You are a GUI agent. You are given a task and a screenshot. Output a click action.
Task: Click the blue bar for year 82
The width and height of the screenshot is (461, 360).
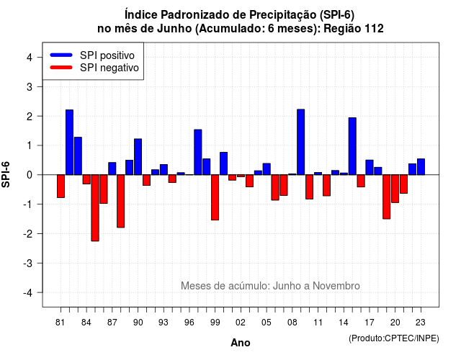69,143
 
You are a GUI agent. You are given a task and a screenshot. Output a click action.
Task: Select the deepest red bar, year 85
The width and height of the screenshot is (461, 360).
95,208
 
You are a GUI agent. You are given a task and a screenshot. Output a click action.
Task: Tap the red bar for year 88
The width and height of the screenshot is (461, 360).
121,201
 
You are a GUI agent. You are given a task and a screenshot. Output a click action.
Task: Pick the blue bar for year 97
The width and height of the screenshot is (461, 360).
198,152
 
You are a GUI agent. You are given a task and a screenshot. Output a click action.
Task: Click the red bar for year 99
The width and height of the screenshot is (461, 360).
215,197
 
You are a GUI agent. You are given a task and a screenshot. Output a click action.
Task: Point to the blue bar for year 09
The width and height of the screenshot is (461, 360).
301,142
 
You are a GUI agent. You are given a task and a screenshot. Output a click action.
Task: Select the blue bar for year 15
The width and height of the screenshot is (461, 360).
352,146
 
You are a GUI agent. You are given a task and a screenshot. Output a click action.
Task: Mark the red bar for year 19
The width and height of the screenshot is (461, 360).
387,197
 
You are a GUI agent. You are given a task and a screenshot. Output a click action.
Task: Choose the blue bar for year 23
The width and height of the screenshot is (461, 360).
421,166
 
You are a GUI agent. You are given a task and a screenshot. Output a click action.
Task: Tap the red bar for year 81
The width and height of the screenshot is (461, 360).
61,186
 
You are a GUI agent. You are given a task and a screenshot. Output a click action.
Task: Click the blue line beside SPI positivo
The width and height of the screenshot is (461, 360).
61,55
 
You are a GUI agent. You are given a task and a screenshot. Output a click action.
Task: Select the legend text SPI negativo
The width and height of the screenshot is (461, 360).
109,68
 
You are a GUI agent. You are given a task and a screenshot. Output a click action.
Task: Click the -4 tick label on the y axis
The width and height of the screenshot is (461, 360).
28,293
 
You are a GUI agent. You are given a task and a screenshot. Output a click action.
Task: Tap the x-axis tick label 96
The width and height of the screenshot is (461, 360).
189,323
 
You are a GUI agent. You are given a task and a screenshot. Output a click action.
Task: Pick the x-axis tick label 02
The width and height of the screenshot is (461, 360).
241,323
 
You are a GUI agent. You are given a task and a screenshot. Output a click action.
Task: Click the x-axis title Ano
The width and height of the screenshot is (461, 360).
241,343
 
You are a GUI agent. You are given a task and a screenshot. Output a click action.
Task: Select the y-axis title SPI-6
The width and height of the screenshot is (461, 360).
6,174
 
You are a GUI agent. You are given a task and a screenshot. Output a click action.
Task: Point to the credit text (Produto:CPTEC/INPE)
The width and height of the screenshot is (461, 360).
394,338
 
